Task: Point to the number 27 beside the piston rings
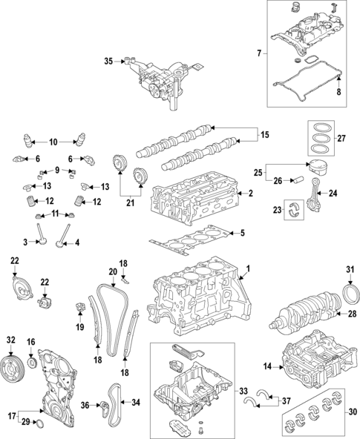[341, 138]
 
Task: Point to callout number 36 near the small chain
[85, 404]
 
